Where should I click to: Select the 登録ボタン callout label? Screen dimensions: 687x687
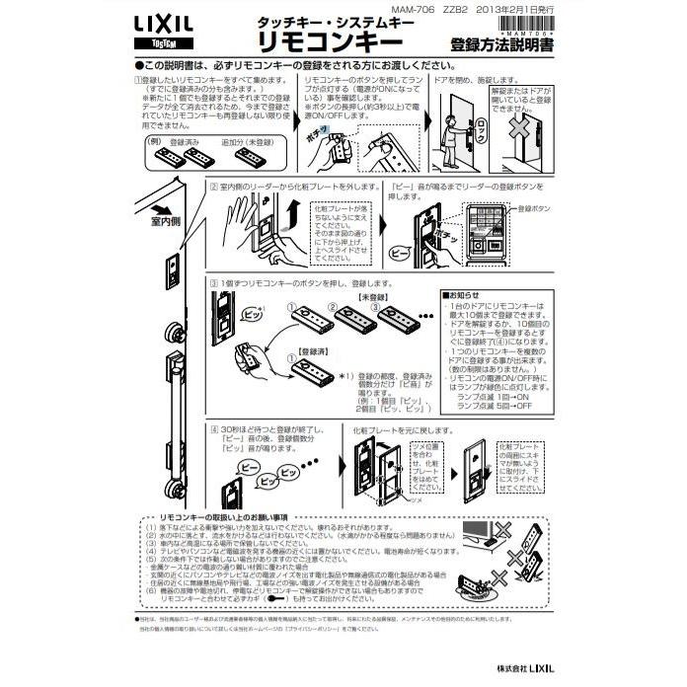538,208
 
